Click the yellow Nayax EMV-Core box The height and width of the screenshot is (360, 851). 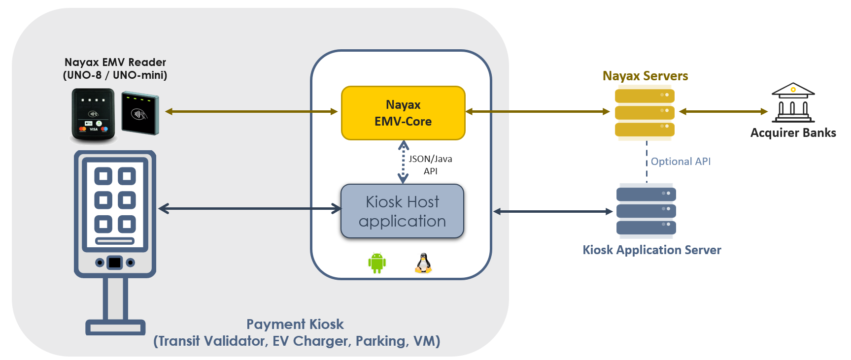(403, 113)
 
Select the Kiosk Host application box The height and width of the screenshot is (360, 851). (402, 211)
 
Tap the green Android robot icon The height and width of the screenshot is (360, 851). (377, 263)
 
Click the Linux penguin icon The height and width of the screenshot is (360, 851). (423, 263)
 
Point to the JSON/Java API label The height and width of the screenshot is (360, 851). (430, 165)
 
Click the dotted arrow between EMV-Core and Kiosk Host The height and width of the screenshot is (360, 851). (403, 162)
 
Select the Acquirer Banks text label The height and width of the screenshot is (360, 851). (793, 133)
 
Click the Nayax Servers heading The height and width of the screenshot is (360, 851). (645, 76)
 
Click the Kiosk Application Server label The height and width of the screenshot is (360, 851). (651, 250)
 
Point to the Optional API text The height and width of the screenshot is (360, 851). (681, 162)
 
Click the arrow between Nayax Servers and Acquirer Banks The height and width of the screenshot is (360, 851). (723, 112)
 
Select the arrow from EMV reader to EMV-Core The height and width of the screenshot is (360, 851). (251, 112)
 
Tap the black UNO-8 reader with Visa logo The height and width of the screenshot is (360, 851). (94, 114)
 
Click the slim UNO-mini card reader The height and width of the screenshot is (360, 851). (140, 113)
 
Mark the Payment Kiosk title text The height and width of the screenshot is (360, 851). (295, 325)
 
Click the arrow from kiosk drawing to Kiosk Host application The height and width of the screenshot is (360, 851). (250, 209)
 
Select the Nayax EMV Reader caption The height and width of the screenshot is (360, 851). (115, 68)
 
